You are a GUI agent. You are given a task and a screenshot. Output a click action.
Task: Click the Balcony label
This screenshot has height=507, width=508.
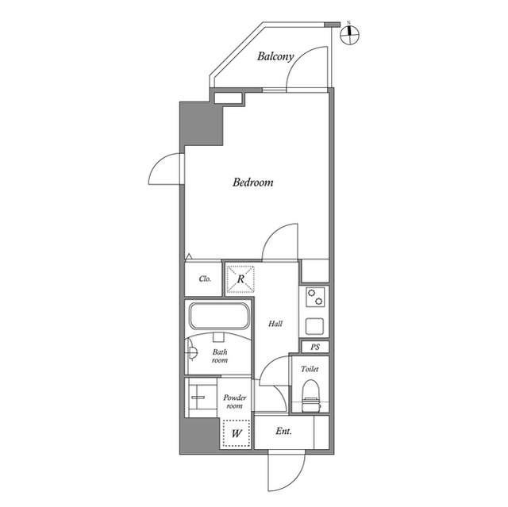point(275,56)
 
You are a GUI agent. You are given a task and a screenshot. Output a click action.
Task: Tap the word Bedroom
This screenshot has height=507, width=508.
point(252,182)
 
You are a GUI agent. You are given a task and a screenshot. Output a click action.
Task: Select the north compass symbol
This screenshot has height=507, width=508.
point(350,34)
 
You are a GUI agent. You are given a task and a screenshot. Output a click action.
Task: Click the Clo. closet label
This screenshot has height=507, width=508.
point(205,278)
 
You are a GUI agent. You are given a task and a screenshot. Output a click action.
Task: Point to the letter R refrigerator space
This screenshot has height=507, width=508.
point(241,278)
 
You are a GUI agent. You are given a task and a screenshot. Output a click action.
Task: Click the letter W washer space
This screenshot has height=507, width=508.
point(237,433)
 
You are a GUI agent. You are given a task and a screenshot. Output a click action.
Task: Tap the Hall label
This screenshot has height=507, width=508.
point(275,324)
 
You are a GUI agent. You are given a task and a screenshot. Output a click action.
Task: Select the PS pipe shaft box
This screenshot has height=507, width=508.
point(315,347)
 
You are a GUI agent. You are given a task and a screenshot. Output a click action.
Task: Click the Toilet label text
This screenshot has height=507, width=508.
point(310,369)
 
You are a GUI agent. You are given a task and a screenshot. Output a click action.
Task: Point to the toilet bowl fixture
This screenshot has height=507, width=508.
point(310,396)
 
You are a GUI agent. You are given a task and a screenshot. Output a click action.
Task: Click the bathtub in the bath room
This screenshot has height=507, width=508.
point(220,316)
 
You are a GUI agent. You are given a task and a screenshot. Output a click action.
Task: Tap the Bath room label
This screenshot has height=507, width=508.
point(220,355)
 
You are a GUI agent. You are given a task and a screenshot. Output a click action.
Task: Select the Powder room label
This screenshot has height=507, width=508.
point(235,401)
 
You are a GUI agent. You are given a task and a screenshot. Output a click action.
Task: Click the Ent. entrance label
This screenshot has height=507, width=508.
point(283,431)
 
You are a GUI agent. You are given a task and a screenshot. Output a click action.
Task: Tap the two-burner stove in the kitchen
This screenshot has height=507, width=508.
point(315,298)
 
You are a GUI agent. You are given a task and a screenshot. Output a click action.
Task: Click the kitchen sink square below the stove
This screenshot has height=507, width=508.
point(314,326)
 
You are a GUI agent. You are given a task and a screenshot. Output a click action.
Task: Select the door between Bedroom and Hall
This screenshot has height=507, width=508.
point(279,242)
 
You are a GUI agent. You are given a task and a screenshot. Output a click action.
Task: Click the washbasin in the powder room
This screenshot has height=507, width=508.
point(198,397)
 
